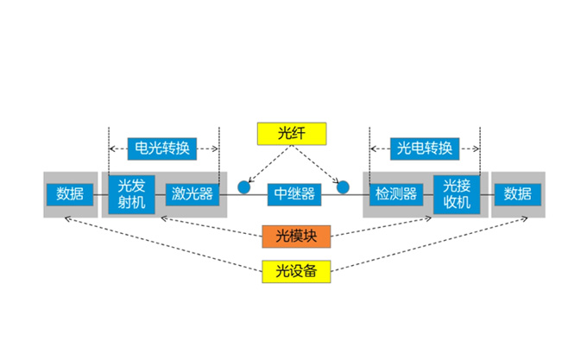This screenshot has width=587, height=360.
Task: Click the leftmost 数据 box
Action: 70,193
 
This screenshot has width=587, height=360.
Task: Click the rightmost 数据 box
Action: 518,193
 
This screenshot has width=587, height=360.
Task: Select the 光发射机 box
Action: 132,194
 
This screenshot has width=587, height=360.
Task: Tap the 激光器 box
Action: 192,193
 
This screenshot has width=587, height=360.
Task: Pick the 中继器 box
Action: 293,193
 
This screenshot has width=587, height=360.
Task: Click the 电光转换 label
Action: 164,148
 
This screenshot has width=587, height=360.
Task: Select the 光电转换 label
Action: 424,148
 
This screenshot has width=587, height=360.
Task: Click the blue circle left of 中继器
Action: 244,186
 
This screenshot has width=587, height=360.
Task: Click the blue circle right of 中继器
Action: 343,186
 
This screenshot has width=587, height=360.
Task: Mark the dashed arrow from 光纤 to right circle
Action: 318,162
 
